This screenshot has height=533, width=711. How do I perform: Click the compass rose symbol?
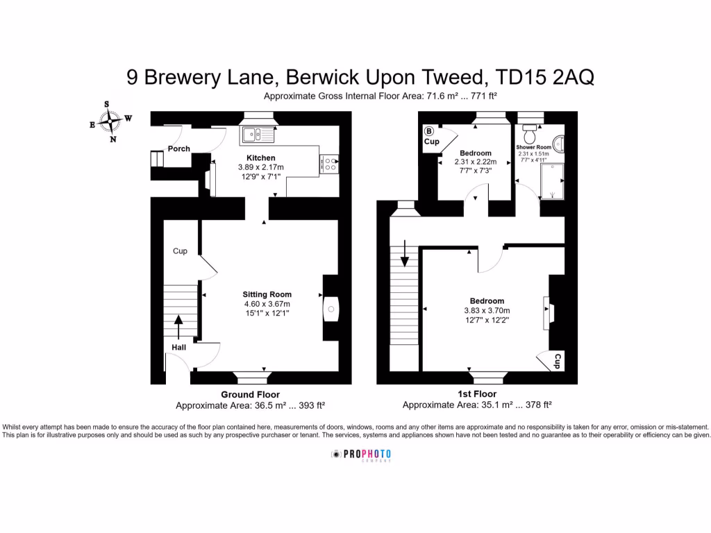click(x=110, y=121)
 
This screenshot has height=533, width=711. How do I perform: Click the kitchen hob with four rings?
click(x=329, y=163)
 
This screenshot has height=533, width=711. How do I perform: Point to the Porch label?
click(x=179, y=149)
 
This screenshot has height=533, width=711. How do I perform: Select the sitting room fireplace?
click(x=331, y=309)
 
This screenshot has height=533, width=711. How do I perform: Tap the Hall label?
click(x=179, y=348)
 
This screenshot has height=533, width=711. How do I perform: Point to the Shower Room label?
click(x=533, y=148)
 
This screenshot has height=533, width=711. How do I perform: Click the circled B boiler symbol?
click(x=428, y=130)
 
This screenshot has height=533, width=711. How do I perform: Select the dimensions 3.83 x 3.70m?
click(x=487, y=311)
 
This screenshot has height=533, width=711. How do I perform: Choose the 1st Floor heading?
click(x=476, y=394)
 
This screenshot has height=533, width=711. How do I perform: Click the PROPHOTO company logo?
click(x=361, y=455)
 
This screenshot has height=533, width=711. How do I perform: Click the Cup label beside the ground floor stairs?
click(x=180, y=251)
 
